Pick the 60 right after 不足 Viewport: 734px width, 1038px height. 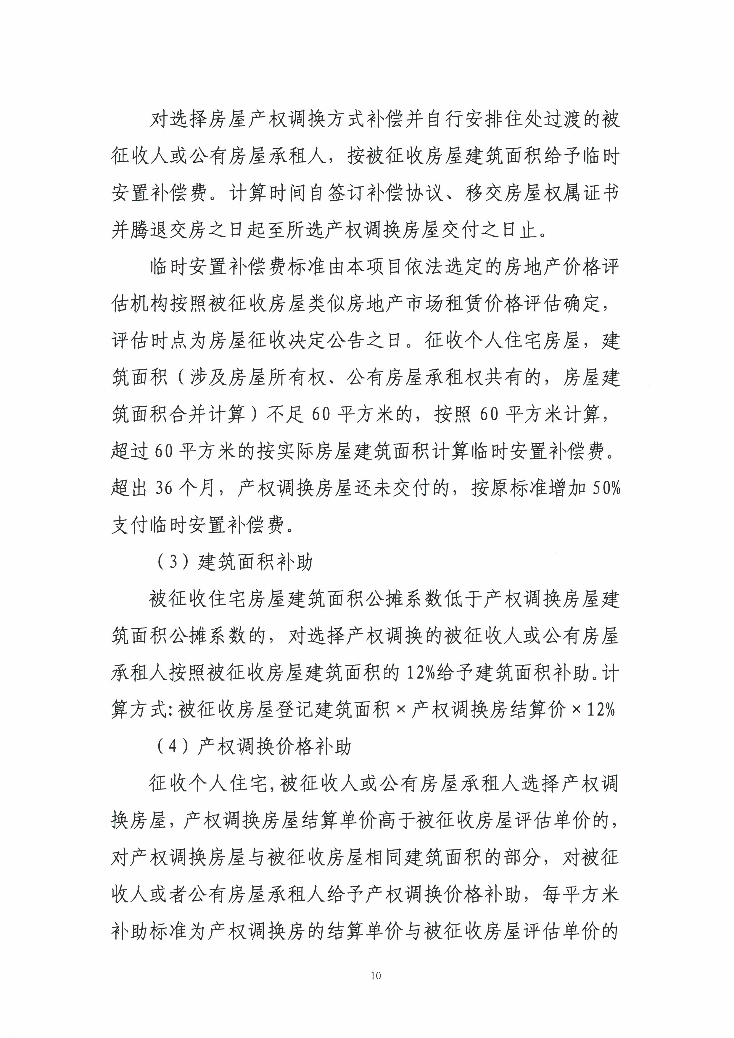pyautogui.click(x=321, y=415)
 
